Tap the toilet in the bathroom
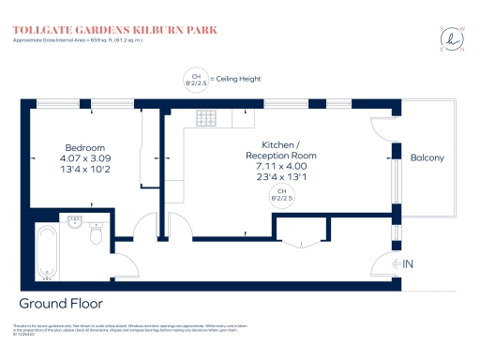point(95,238)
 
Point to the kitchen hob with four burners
point(205,119)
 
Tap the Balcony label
point(427,157)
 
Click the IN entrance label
point(407,264)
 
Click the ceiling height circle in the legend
point(195,79)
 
